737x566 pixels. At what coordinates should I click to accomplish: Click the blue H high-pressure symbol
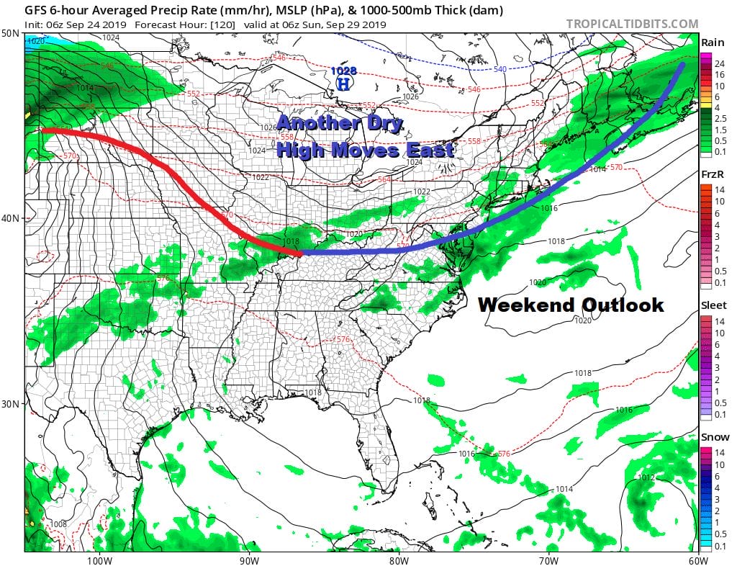345,84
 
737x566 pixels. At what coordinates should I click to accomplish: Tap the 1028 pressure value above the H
343,71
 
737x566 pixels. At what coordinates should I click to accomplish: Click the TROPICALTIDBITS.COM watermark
632,24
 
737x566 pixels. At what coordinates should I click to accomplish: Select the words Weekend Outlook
571,305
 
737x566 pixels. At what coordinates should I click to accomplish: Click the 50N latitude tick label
11,34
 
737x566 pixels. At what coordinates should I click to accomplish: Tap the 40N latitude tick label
11,218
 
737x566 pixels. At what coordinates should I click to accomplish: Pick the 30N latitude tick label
11,403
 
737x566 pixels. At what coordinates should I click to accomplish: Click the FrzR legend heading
713,174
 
